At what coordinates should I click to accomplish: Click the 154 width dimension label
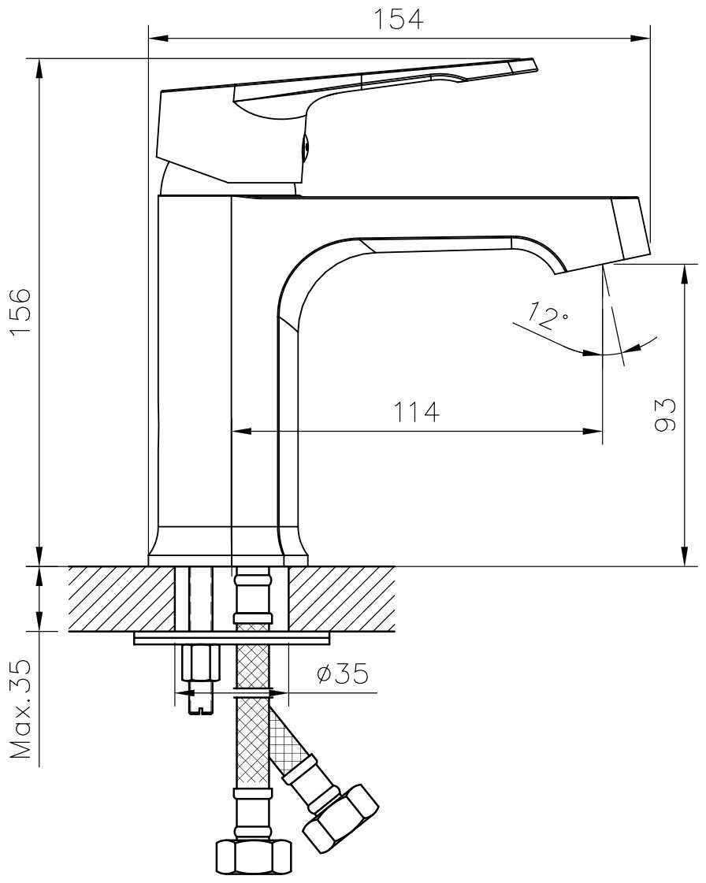(399, 19)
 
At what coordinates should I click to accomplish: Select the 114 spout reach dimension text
(416, 412)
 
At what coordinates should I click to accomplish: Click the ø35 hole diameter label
(343, 673)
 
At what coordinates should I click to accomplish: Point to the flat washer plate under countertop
(232, 638)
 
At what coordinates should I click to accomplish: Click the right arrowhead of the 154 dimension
(641, 39)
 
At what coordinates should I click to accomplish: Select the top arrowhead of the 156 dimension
(39, 69)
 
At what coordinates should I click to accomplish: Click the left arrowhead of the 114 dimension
(242, 432)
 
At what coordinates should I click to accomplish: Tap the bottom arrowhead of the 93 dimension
(684, 555)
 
